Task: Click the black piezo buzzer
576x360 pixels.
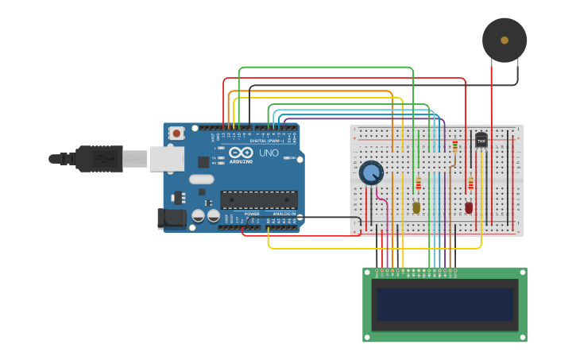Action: click(x=504, y=40)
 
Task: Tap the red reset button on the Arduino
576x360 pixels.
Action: click(x=176, y=134)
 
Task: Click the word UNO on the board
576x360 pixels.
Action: click(x=269, y=153)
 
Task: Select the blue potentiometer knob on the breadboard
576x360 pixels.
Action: click(x=371, y=172)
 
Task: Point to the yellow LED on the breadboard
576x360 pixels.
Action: click(x=416, y=207)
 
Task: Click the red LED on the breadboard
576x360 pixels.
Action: click(x=469, y=207)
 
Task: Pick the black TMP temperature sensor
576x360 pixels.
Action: click(x=481, y=141)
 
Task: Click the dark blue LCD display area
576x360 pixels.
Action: click(x=445, y=304)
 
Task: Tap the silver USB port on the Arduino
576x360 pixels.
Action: click(x=167, y=159)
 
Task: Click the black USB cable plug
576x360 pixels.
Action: click(x=99, y=159)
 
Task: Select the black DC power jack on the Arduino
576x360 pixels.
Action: click(x=171, y=219)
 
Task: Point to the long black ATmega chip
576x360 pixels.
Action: click(x=259, y=200)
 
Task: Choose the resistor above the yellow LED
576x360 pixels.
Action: click(x=418, y=184)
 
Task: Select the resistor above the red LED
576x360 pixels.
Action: click(x=470, y=184)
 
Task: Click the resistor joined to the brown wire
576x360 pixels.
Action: click(x=454, y=147)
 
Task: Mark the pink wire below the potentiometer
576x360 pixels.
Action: click(x=385, y=215)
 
